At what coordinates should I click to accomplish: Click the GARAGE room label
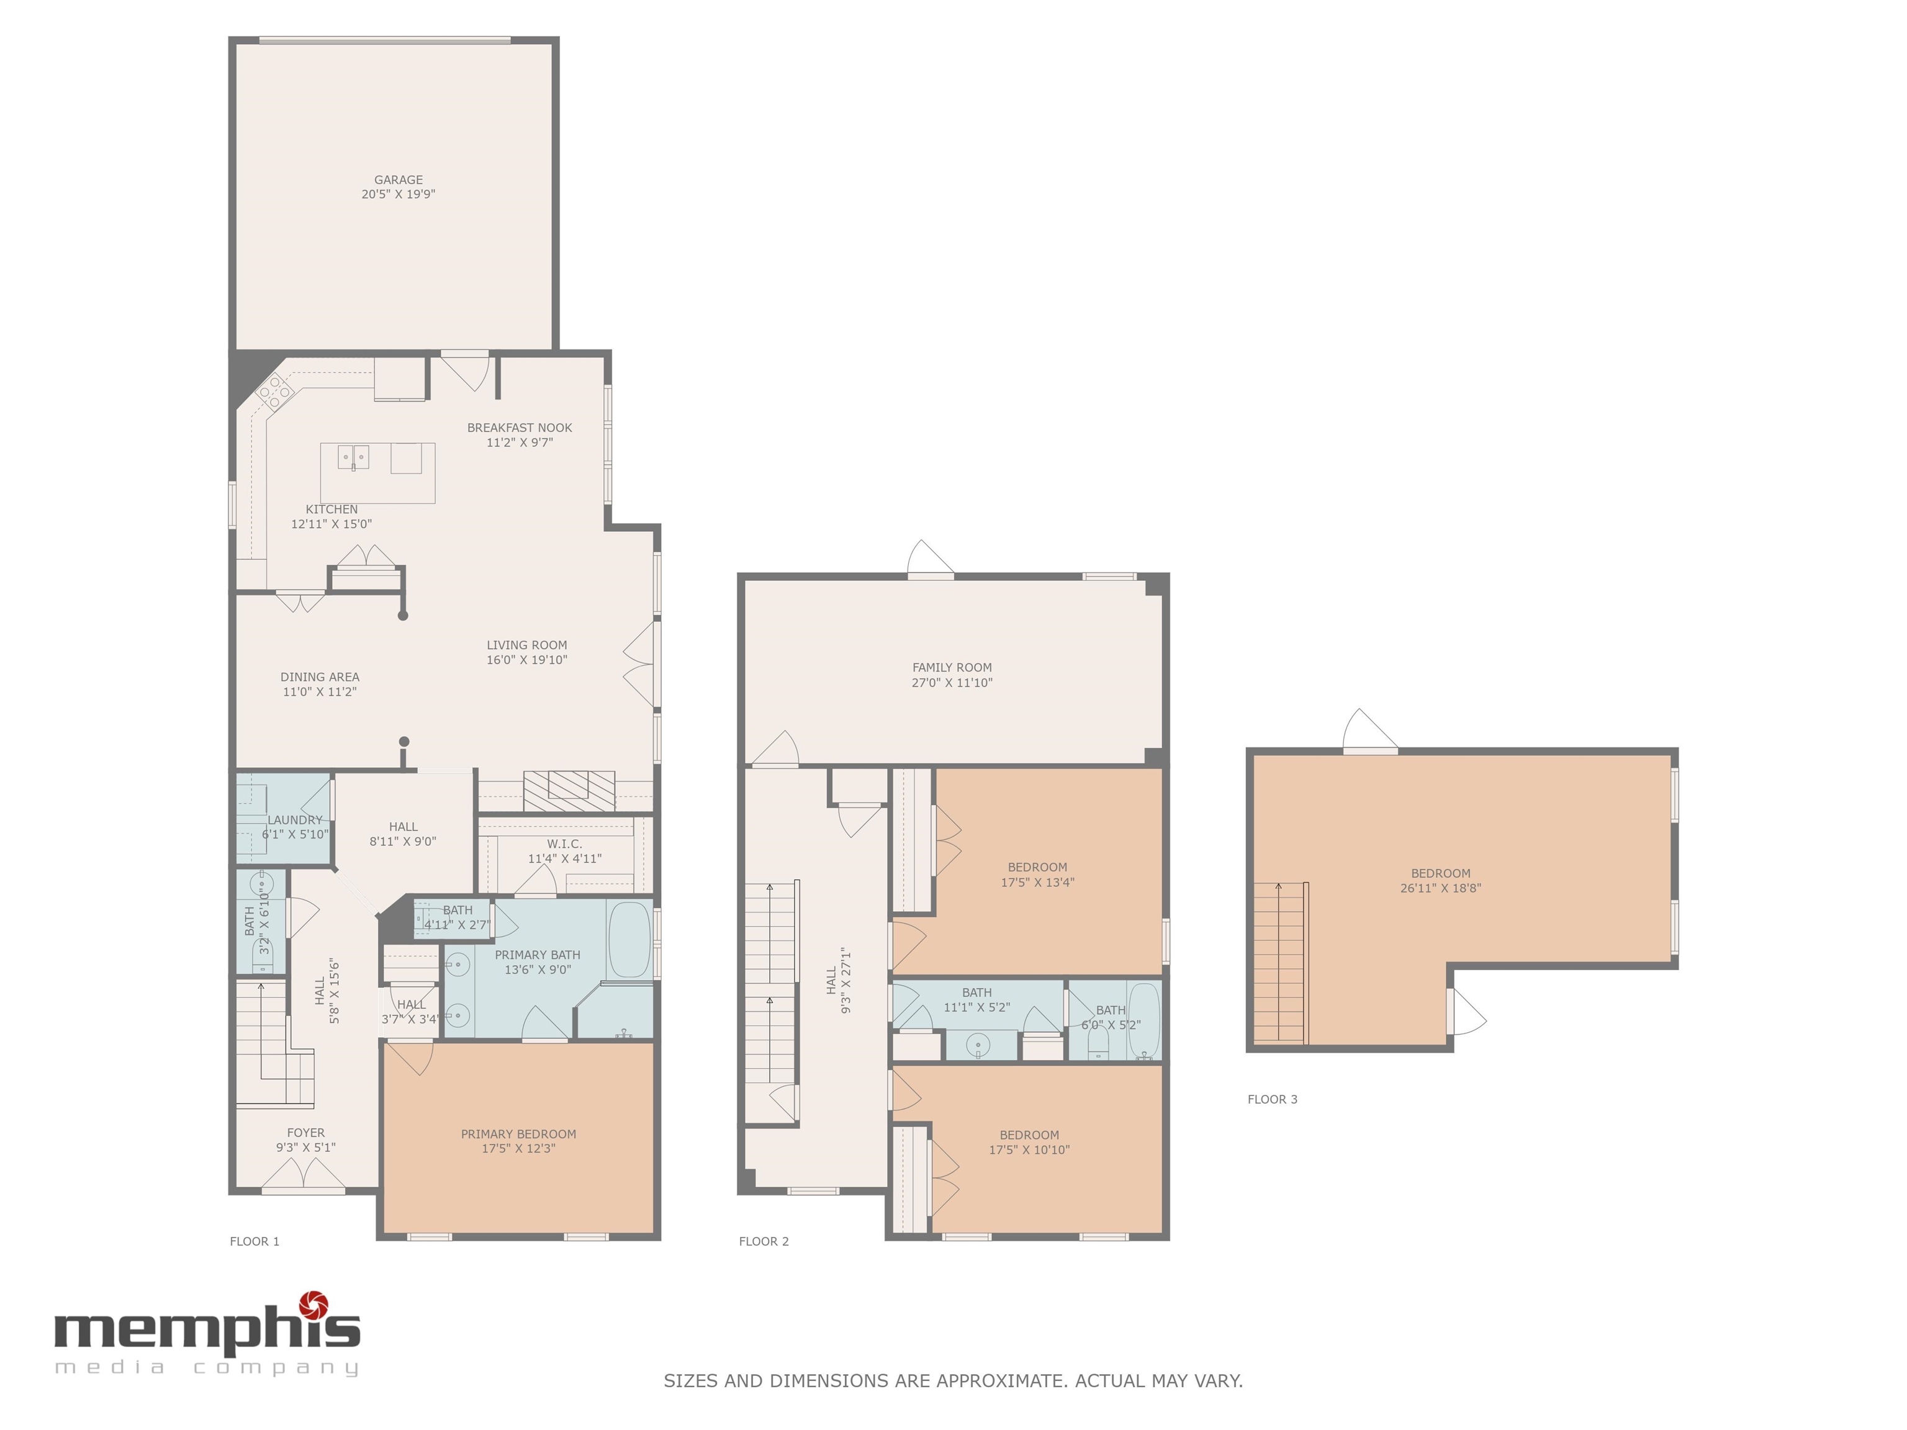tap(399, 180)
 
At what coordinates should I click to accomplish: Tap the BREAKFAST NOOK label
tap(520, 428)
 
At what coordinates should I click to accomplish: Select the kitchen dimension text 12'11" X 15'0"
tap(332, 524)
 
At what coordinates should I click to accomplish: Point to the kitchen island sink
tap(353, 457)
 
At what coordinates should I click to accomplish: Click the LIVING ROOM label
tap(527, 645)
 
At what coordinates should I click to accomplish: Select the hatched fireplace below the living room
tap(569, 791)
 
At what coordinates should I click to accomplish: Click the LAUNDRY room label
tap(295, 820)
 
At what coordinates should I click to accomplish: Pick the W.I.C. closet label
tap(565, 844)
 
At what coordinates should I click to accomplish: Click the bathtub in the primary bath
tap(630, 940)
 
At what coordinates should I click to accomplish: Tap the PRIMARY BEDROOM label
tap(518, 1135)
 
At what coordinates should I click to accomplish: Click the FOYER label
tap(306, 1133)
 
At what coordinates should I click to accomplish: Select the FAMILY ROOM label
tap(952, 667)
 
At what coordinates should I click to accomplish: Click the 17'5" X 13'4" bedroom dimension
tap(1037, 883)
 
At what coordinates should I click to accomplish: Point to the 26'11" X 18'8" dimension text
tap(1441, 888)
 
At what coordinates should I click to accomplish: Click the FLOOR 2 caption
tap(764, 1241)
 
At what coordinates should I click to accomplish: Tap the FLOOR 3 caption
tap(1273, 1099)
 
